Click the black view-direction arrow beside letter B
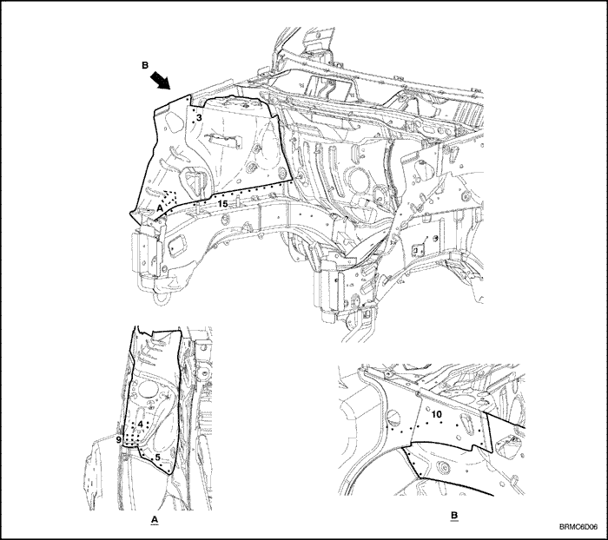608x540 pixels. pyautogui.click(x=161, y=80)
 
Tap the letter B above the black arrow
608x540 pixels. pyautogui.click(x=145, y=65)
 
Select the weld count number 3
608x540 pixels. pyautogui.click(x=199, y=117)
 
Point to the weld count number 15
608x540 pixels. pyautogui.click(x=222, y=203)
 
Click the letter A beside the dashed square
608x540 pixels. pyautogui.click(x=160, y=208)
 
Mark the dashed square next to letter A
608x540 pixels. pyautogui.click(x=169, y=198)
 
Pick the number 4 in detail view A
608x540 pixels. pyautogui.click(x=141, y=424)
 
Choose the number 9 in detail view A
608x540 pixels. pyautogui.click(x=119, y=439)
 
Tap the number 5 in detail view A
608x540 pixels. pyautogui.click(x=157, y=457)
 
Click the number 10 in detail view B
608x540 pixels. pyautogui.click(x=436, y=414)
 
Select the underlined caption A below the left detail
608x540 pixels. pyautogui.click(x=155, y=519)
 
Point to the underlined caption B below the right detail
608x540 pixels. pyautogui.click(x=454, y=516)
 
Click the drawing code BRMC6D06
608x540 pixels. pyautogui.click(x=578, y=527)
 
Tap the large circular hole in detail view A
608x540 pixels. pyautogui.click(x=147, y=389)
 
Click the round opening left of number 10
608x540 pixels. pyautogui.click(x=393, y=418)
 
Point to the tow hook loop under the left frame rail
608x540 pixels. pyautogui.click(x=160, y=298)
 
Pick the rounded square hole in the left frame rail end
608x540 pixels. pyautogui.click(x=177, y=246)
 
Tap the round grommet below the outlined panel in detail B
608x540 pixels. pyautogui.click(x=441, y=467)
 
